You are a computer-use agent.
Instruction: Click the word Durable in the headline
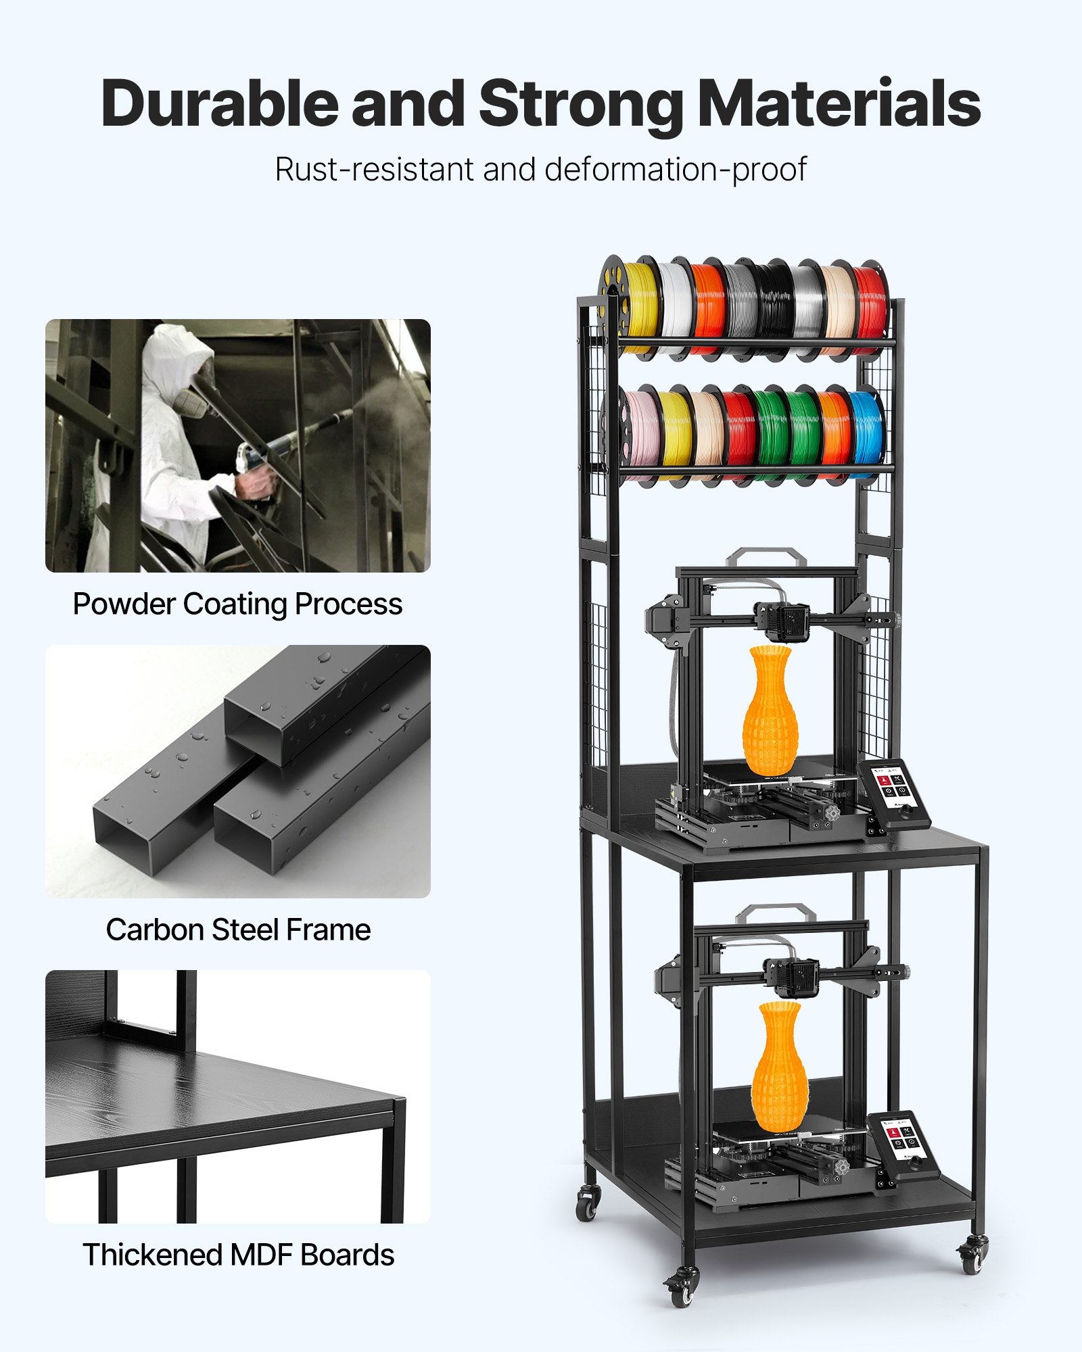pos(219,103)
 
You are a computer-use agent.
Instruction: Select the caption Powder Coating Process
pos(237,604)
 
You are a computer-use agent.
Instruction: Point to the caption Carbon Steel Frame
pos(238,930)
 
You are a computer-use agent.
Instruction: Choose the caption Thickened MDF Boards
pos(238,1255)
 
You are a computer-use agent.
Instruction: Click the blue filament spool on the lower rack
pos(866,429)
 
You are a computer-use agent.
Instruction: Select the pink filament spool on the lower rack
pos(641,429)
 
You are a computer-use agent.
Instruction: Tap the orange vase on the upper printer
pos(770,710)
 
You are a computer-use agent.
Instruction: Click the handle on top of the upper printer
pos(766,556)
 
